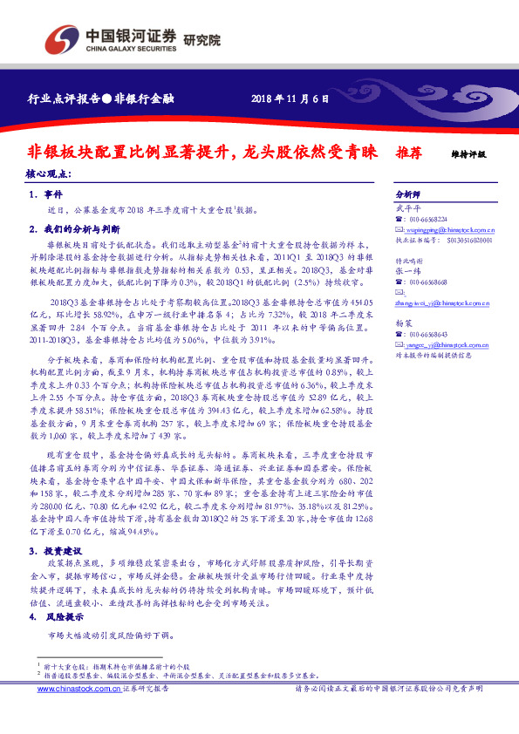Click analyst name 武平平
[407, 208]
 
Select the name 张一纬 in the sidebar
[407, 270]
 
